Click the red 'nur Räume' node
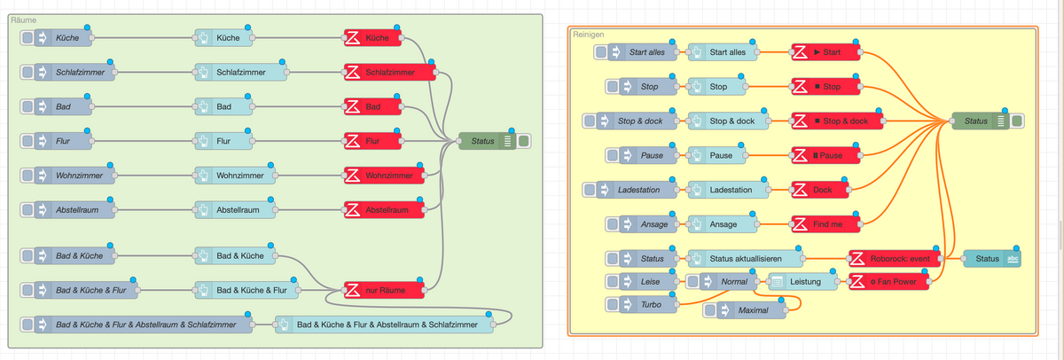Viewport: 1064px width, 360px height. (x=383, y=289)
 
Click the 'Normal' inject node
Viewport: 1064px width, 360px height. (x=722, y=282)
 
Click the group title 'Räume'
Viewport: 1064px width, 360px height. (x=24, y=19)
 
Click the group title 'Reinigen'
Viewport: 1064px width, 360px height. (x=587, y=34)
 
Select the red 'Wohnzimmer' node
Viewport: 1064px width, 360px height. (x=383, y=176)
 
